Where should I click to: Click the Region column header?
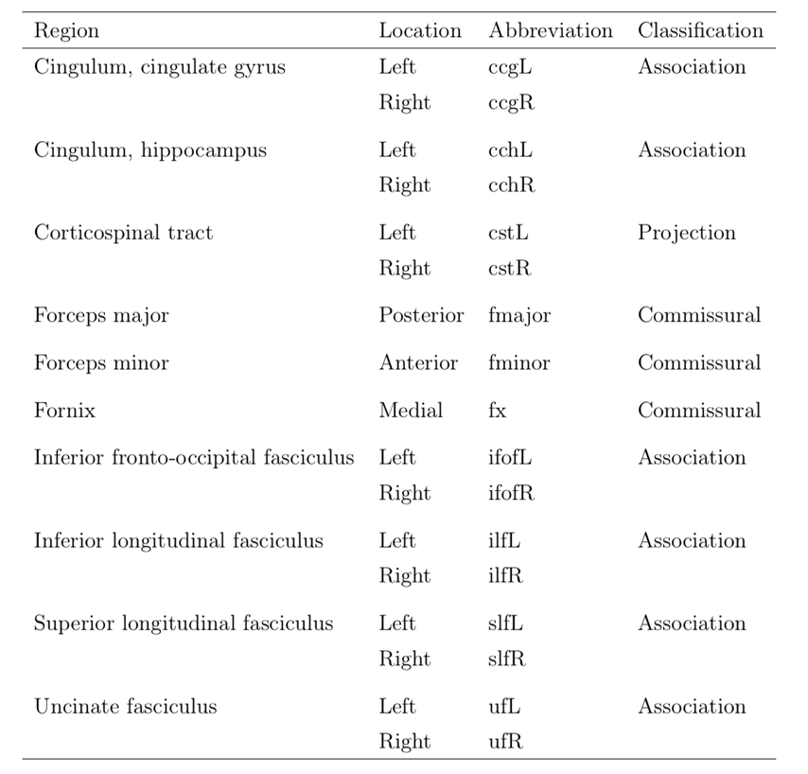pos(66,30)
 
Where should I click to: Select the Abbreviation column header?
pos(551,30)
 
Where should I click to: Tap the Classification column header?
pos(700,30)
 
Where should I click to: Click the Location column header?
pos(420,30)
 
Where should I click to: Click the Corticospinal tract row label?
pos(123,233)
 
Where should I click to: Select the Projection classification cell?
pos(686,233)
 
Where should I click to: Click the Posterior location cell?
pos(421,316)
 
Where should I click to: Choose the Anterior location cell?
pos(418,363)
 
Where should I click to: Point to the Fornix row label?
pos(64,411)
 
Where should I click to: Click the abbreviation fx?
pos(498,411)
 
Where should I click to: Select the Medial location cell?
pos(411,411)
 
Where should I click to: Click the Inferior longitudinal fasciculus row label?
pos(178,541)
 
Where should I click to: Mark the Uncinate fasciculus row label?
pos(125,707)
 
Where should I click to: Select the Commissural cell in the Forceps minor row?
pos(698,363)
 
